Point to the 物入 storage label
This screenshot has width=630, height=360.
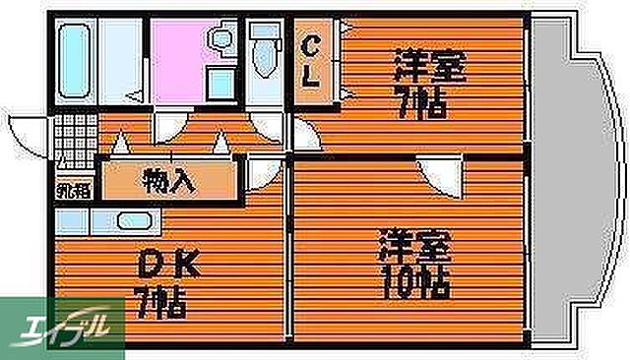click(x=170, y=181)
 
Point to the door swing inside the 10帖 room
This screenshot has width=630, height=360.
click(x=438, y=178)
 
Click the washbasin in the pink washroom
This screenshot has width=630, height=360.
click(x=220, y=40)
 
